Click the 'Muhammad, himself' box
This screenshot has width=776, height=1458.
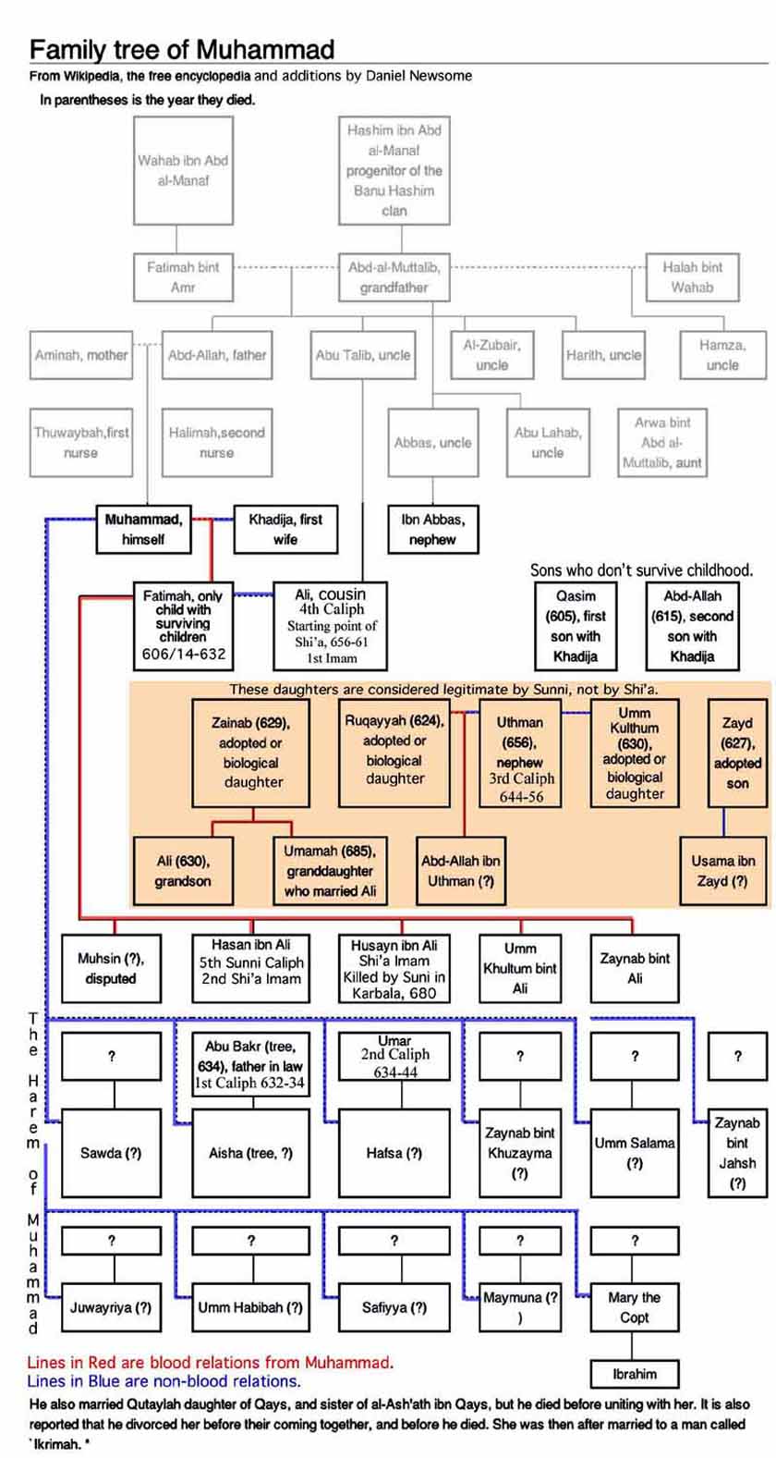click(x=143, y=529)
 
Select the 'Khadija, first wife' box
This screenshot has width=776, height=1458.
click(x=285, y=529)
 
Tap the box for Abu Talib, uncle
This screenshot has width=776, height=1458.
click(x=363, y=355)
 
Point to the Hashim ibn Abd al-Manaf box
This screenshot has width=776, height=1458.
click(x=394, y=171)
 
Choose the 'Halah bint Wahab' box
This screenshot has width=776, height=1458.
click(x=692, y=276)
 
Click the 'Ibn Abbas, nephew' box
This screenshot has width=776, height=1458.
click(x=432, y=529)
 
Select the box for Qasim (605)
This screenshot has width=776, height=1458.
click(x=576, y=626)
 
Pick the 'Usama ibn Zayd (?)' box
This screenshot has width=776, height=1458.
click(x=722, y=871)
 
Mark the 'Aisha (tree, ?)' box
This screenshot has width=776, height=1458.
click(x=250, y=1153)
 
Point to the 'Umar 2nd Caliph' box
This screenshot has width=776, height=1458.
click(x=394, y=1057)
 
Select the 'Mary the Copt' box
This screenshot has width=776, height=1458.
click(x=634, y=1307)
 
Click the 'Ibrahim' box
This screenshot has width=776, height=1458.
click(x=634, y=1374)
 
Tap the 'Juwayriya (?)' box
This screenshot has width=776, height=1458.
click(x=111, y=1307)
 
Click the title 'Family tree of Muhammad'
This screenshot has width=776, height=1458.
click(x=182, y=49)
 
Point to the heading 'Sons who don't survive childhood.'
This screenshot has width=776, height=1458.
click(x=650, y=570)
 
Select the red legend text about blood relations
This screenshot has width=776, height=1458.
click(x=210, y=1362)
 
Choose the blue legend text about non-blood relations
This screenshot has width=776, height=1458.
click(x=164, y=1381)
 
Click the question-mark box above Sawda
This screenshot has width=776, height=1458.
click(x=111, y=1057)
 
